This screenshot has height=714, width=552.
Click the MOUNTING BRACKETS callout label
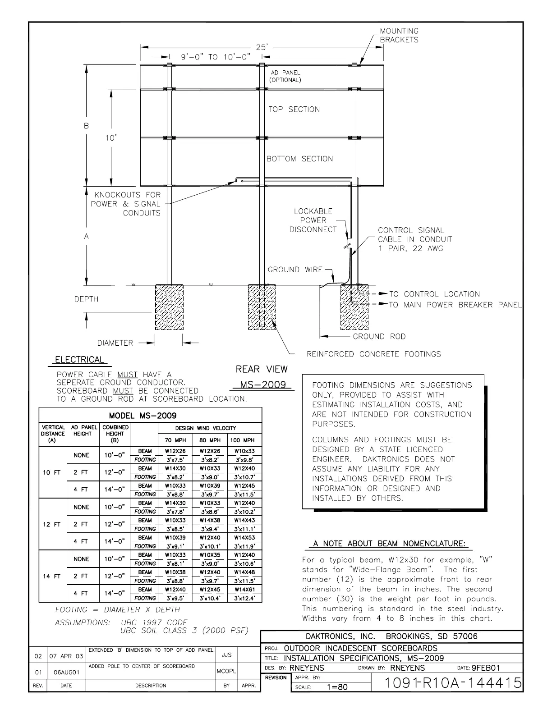pyautogui.click(x=399, y=35)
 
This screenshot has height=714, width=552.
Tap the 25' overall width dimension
pyautogui.click(x=262, y=46)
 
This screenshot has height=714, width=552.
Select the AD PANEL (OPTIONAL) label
pyautogui.click(x=285, y=76)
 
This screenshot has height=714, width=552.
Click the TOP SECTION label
pyautogui.click(x=294, y=110)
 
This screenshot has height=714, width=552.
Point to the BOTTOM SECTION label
pyautogui.click(x=299, y=159)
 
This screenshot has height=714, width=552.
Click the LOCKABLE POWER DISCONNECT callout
pyautogui.click(x=313, y=220)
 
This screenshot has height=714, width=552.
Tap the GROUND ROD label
pyautogui.click(x=379, y=336)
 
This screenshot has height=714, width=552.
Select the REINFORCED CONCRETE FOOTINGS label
pyautogui.click(x=373, y=354)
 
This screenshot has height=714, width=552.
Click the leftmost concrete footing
pyautogui.click(x=169, y=307)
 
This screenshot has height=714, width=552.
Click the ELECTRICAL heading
pyautogui.click(x=79, y=360)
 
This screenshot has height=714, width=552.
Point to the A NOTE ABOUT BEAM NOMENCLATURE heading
pyautogui.click(x=389, y=544)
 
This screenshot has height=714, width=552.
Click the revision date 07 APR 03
pyautogui.click(x=66, y=656)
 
